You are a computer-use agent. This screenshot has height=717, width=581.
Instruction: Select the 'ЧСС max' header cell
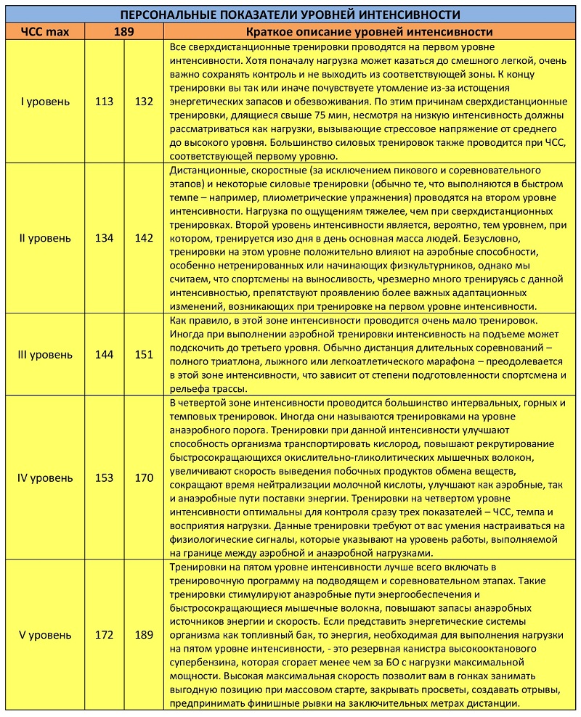[x=44, y=32]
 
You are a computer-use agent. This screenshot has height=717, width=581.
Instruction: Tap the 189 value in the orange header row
[x=123, y=32]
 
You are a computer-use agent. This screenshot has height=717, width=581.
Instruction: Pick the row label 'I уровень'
[x=44, y=102]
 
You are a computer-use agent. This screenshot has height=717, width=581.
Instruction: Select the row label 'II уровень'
[x=44, y=238]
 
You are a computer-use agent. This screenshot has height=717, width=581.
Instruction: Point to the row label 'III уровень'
[x=44, y=355]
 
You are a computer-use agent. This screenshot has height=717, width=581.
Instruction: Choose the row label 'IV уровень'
[x=44, y=478]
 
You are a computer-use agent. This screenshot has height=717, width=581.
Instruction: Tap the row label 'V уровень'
[x=44, y=635]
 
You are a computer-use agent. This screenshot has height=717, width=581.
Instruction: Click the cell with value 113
[x=104, y=102]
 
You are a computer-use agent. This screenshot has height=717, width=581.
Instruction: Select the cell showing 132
[x=144, y=102]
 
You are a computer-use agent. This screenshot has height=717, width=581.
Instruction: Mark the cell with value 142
[x=144, y=238]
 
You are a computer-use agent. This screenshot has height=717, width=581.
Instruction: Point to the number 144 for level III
[x=104, y=355]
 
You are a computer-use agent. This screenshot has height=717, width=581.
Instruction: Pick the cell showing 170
[x=144, y=478]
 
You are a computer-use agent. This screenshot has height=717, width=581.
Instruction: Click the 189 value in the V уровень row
[x=144, y=635]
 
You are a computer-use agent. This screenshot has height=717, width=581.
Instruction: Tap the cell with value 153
[x=104, y=478]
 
